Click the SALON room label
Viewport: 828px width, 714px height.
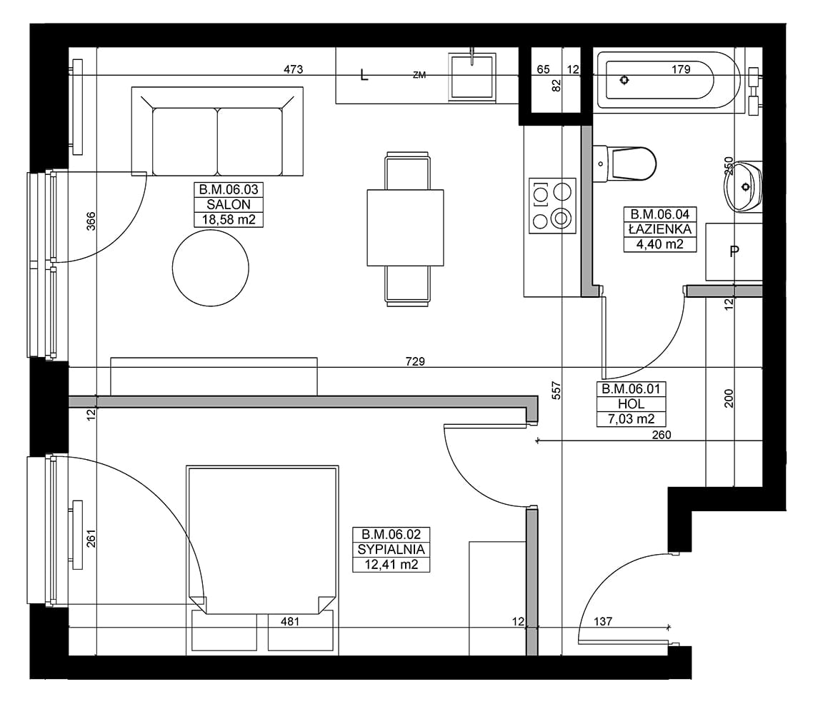(x=229, y=204)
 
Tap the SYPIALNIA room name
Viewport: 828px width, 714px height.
(x=391, y=549)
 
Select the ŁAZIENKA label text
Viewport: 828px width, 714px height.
(x=660, y=229)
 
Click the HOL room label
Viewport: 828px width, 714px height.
(x=631, y=403)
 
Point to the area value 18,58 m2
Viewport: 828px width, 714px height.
(x=229, y=219)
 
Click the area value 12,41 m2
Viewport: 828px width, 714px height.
(x=391, y=565)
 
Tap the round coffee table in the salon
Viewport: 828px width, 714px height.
(x=210, y=268)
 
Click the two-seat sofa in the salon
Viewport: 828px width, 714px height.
(x=217, y=131)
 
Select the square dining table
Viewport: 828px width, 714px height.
(x=405, y=228)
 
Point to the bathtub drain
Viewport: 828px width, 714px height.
(x=624, y=80)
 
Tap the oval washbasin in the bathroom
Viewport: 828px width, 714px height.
(x=744, y=187)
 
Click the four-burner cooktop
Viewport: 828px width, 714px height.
(x=552, y=206)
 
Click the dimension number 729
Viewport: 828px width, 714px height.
(x=415, y=361)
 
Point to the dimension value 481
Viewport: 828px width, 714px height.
(x=290, y=622)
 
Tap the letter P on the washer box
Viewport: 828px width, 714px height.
(x=734, y=252)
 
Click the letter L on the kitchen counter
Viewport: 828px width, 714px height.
(x=364, y=75)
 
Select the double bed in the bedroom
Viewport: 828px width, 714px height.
(x=262, y=540)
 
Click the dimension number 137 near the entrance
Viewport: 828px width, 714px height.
(x=602, y=622)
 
